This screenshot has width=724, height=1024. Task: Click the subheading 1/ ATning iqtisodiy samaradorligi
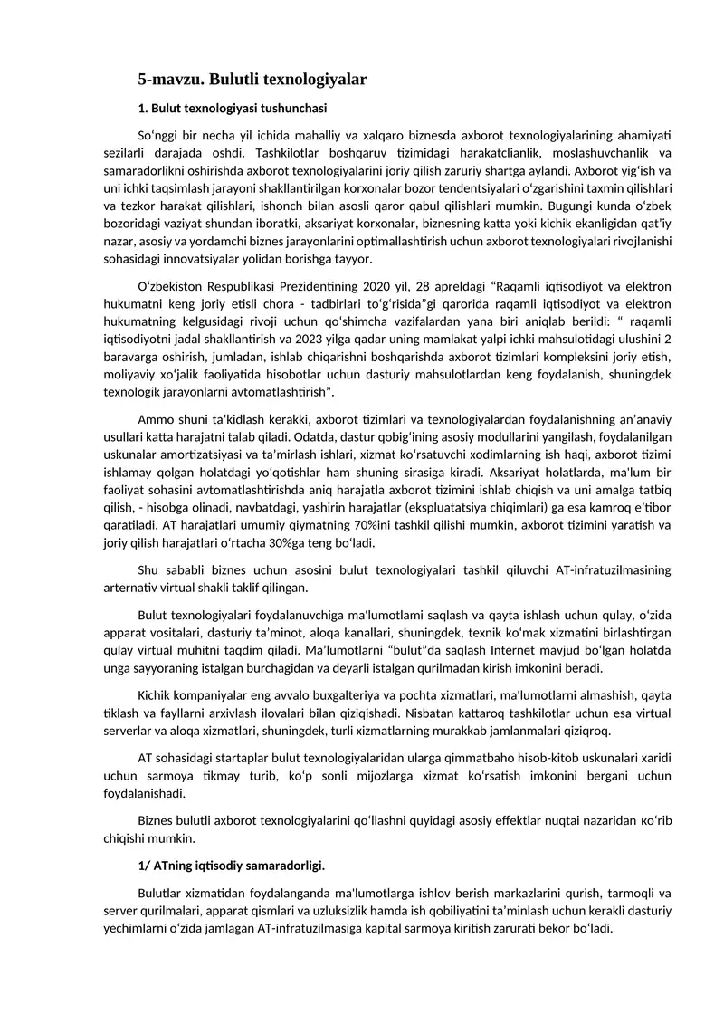(x=231, y=866)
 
